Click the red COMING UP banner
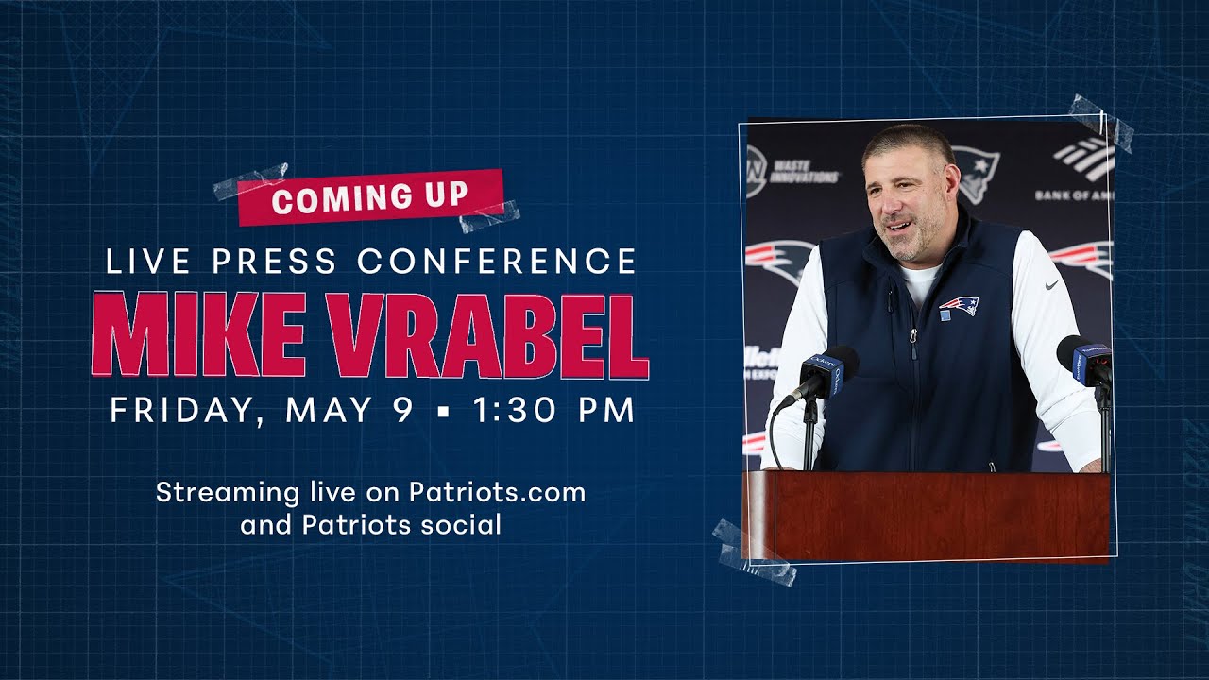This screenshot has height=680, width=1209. (371, 197)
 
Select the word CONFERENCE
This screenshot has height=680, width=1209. (497, 261)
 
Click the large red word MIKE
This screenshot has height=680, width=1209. (199, 334)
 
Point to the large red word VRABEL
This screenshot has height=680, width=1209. (488, 336)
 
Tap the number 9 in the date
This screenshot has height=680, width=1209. (402, 410)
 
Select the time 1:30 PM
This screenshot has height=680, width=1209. (553, 410)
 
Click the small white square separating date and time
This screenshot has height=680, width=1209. (443, 411)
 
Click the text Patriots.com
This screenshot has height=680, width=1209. (497, 492)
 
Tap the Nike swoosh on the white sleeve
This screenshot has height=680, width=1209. (1051, 284)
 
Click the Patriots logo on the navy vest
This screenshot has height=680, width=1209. (959, 305)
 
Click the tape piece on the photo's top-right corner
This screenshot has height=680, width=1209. (1101, 124)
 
